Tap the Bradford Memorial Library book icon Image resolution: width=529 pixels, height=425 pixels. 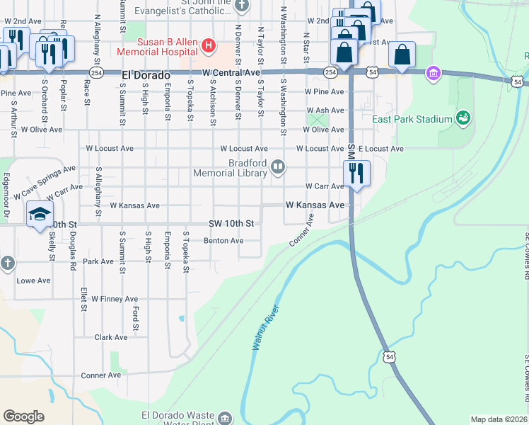click(278, 168)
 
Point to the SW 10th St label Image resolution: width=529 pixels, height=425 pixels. click(231, 224)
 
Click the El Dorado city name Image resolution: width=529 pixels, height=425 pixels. click(146, 74)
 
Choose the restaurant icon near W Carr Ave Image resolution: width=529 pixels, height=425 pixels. click(356, 173)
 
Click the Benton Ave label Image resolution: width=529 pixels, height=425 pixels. click(223, 241)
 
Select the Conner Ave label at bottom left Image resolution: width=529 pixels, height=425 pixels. click(101, 375)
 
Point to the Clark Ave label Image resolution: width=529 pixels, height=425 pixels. click(111, 337)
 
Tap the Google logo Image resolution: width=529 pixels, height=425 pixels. click(23, 416)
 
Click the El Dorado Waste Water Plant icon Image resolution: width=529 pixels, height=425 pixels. click(225, 418)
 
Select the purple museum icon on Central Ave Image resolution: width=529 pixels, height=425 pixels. click(434, 72)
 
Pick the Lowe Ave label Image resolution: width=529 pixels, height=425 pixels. click(34, 280)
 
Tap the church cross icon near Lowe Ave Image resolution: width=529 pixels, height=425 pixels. click(7, 263)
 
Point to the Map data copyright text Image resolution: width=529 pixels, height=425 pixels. click(499, 419)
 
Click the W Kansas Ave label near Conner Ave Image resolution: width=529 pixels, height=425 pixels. click(315, 204)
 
